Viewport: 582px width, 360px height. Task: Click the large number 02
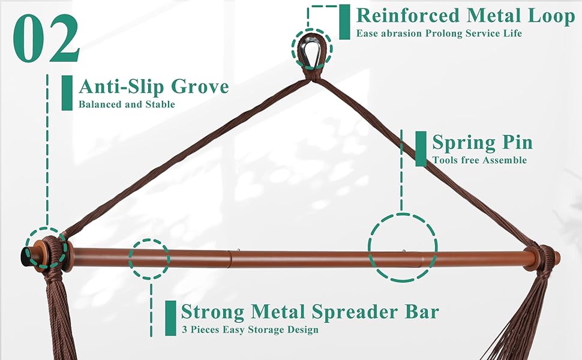click(x=46, y=40)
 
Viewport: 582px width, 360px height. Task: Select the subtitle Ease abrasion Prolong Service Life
click(x=439, y=34)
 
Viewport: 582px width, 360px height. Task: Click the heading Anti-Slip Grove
click(x=154, y=86)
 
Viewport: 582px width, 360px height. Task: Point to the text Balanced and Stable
click(x=127, y=104)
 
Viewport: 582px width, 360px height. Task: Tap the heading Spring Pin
click(x=482, y=143)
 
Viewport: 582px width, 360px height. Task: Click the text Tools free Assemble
click(x=479, y=160)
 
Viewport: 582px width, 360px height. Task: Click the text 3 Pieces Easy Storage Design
click(x=250, y=329)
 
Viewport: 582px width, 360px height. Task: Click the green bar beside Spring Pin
click(x=421, y=149)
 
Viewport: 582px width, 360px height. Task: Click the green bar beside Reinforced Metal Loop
click(x=344, y=22)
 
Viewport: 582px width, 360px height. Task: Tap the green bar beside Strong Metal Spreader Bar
click(x=170, y=318)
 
